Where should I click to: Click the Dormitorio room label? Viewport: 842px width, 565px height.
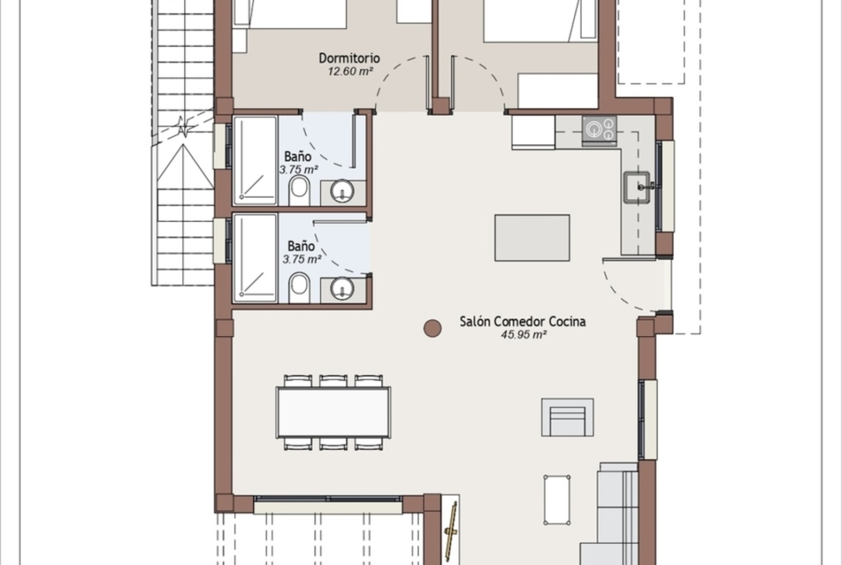pyautogui.click(x=349, y=58)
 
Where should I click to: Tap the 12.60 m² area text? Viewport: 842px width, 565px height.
pyautogui.click(x=350, y=71)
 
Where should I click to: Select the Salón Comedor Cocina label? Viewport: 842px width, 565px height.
pyautogui.click(x=522, y=321)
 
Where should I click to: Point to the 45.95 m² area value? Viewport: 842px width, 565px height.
pyautogui.click(x=524, y=335)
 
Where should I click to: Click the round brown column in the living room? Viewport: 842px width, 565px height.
pyautogui.click(x=433, y=327)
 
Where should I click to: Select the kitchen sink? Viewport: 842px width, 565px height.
pyautogui.click(x=637, y=187)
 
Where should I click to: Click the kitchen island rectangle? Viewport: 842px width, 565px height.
pyautogui.click(x=532, y=238)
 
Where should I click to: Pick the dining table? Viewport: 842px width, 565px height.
pyautogui.click(x=333, y=412)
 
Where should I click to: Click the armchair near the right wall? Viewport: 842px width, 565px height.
pyautogui.click(x=568, y=417)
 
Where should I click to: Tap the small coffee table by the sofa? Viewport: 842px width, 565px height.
pyautogui.click(x=557, y=500)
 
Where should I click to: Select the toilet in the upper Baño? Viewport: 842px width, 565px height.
pyautogui.click(x=299, y=191)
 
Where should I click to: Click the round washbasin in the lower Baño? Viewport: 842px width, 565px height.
pyautogui.click(x=342, y=289)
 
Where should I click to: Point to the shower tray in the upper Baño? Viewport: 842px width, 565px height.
pyautogui.click(x=255, y=161)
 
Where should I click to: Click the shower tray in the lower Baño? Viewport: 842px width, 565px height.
pyautogui.click(x=255, y=258)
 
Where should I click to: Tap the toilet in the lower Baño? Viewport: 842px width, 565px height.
pyautogui.click(x=299, y=288)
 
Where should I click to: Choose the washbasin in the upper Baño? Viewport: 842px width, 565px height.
pyautogui.click(x=342, y=191)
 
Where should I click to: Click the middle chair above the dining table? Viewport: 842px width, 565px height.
pyautogui.click(x=333, y=381)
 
